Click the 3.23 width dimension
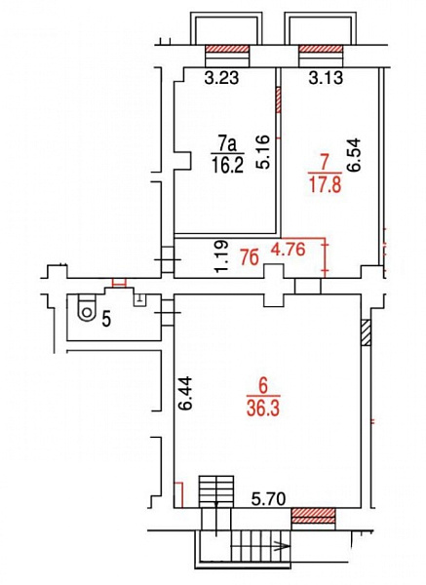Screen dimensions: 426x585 pos(221,78)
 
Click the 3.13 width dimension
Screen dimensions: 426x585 pos(326,78)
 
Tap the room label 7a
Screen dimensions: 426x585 pos(228,144)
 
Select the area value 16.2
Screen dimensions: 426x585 pos(227,165)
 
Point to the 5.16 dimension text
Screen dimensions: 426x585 pos(262,152)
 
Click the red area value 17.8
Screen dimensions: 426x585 pos(326,184)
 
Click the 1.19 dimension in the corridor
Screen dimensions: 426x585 pos(221,257)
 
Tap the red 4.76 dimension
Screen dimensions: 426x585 pos(289,250)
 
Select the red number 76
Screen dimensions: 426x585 pos(250,257)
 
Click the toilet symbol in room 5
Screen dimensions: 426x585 pos(87,308)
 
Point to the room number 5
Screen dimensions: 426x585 pos(106,320)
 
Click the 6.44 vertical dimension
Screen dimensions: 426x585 pos(185,393)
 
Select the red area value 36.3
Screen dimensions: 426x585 pos(263,409)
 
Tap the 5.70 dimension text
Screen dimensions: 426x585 pos(268,499)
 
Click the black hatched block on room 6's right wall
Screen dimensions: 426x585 pos(366,332)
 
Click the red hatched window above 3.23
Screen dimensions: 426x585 pos(227,50)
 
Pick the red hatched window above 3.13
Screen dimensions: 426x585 pos(321,50)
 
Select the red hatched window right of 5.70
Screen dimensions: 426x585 pos(313,516)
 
